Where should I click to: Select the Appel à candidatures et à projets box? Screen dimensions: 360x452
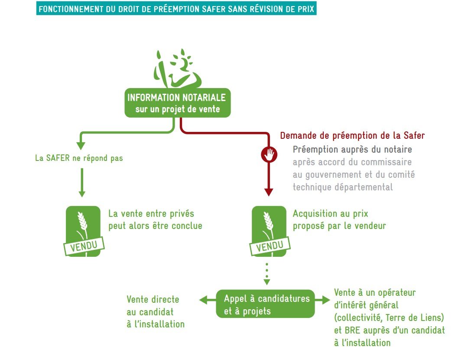266,304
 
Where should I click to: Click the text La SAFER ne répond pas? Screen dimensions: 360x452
79,158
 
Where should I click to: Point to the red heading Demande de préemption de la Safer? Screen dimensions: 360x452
352,135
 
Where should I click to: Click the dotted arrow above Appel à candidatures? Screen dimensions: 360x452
267,273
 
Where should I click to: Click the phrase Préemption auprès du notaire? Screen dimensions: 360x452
352,150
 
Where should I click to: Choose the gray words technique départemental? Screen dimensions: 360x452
342,187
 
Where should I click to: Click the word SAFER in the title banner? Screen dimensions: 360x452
213,9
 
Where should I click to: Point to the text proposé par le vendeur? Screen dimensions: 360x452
339,226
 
